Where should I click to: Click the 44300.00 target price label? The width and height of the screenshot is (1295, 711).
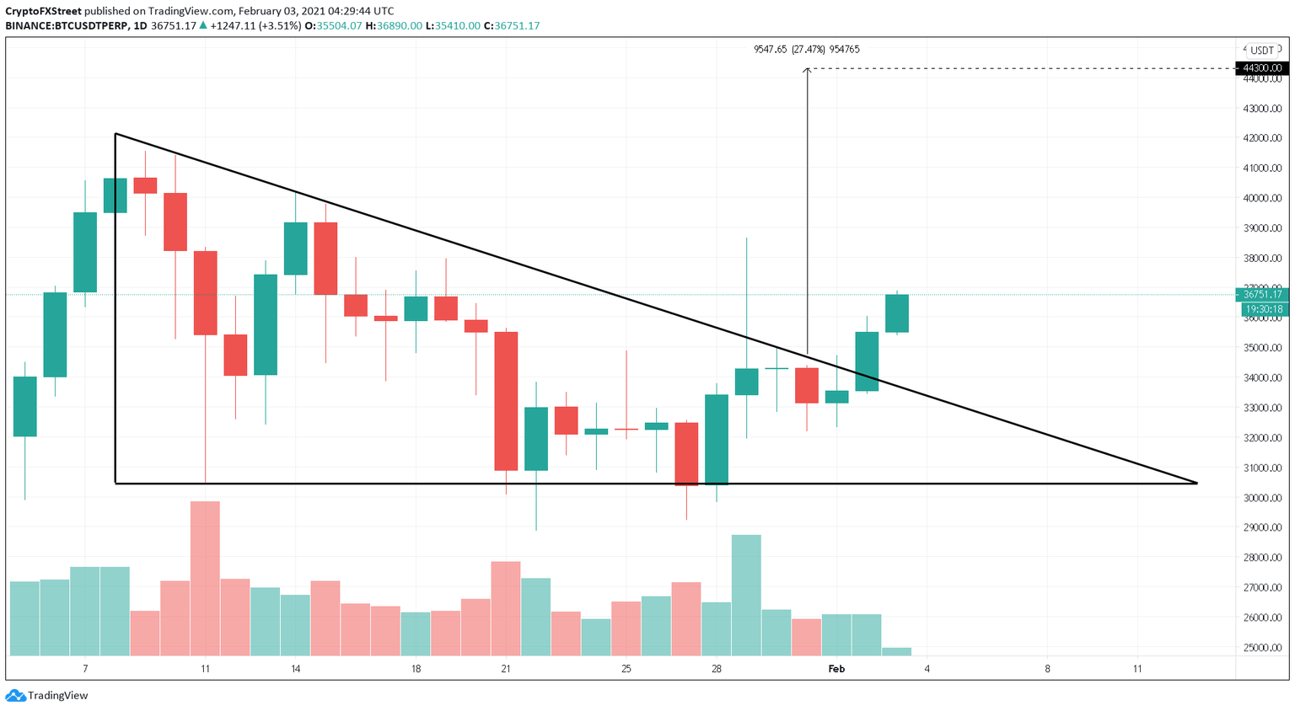coord(1261,68)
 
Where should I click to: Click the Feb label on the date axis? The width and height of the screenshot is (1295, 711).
coord(836,669)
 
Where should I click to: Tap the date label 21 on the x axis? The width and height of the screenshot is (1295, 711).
coord(506,669)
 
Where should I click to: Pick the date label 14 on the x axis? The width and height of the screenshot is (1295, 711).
coord(295,669)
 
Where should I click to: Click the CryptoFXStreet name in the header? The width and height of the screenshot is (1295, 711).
coord(43,11)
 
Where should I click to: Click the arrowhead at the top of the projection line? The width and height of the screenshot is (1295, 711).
coord(807,70)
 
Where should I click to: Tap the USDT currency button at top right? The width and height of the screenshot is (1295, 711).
coord(1261,51)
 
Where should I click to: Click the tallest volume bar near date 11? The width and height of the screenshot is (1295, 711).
coord(205,578)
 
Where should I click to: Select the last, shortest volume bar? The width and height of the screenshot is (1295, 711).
coord(896,651)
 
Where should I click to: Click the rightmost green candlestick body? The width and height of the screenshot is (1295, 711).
coord(896,313)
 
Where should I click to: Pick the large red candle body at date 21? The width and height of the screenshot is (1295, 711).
coord(506,401)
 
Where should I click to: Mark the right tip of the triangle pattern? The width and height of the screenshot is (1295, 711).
coord(1196,483)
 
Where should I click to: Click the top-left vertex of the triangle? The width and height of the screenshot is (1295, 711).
coord(116,134)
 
